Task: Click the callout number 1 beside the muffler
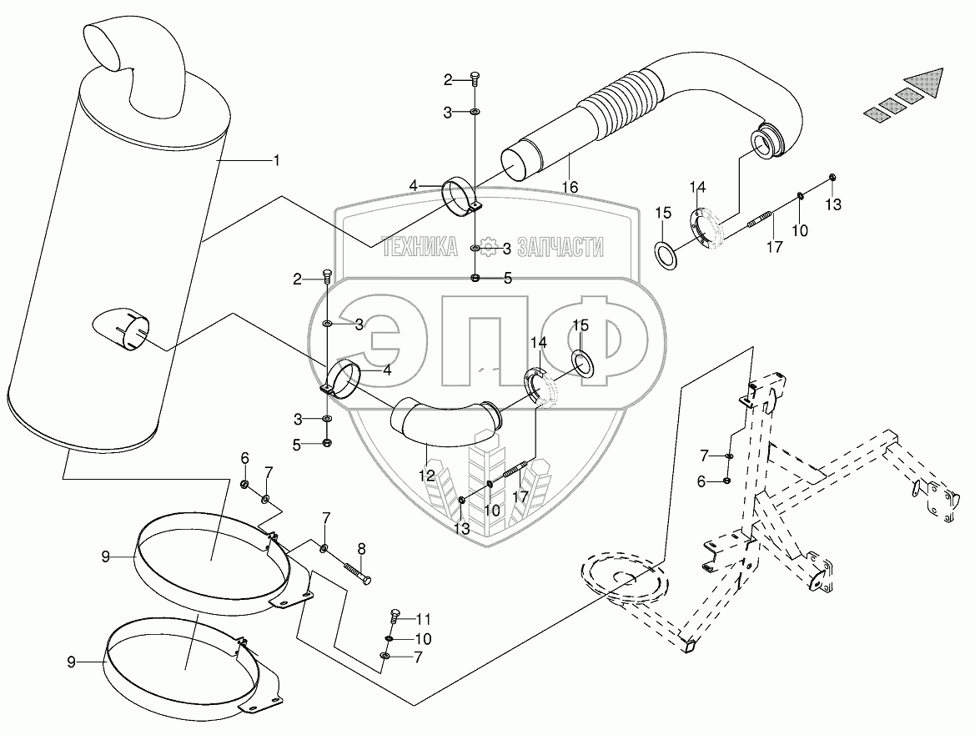(275, 159)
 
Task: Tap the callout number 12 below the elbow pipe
(427, 476)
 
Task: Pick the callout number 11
(425, 619)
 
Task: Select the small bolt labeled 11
(395, 618)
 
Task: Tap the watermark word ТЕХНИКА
(420, 246)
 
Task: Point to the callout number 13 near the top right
(834, 204)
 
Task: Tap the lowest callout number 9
(71, 662)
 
